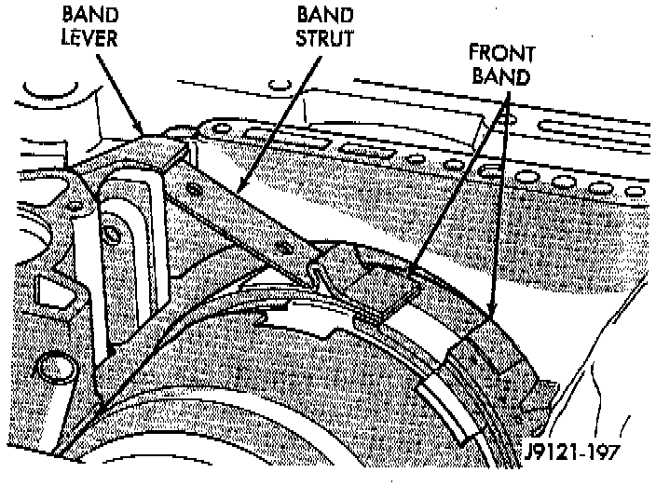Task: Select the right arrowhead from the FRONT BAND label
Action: coord(491,317)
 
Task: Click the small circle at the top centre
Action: coord(276,88)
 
